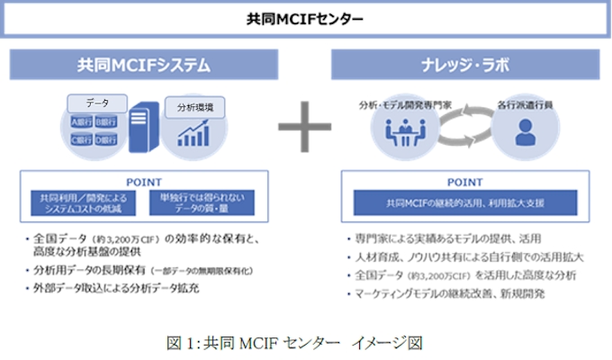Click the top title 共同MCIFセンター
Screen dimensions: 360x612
click(305, 19)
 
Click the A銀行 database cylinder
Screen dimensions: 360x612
click(82, 121)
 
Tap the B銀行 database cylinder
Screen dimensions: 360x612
click(106, 121)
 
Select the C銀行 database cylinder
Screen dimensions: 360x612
click(82, 139)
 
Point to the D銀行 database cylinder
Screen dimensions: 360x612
click(106, 139)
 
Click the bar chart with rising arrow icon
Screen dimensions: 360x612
click(194, 134)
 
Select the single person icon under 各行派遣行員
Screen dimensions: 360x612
click(524, 133)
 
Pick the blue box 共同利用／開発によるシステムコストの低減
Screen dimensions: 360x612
click(83, 203)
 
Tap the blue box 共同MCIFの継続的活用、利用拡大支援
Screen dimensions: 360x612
click(465, 202)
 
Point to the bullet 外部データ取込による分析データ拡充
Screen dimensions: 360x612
click(112, 290)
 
